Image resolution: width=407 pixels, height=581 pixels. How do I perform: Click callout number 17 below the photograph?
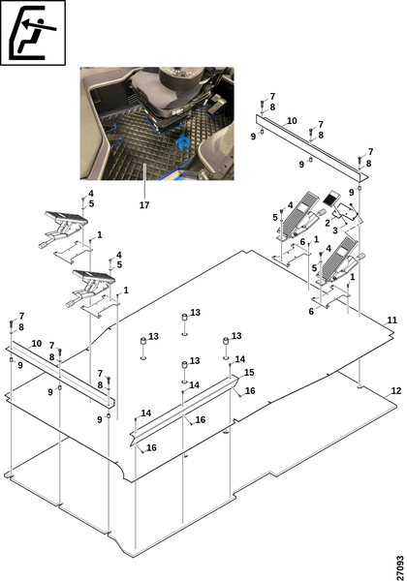[x=144, y=204]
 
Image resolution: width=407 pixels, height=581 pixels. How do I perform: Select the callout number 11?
[x=391, y=320]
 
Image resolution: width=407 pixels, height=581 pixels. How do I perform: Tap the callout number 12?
[x=396, y=390]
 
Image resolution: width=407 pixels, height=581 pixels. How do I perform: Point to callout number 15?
[x=249, y=373]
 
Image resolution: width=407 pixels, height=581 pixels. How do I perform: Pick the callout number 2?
[x=328, y=224]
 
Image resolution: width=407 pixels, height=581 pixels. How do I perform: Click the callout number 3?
[x=335, y=230]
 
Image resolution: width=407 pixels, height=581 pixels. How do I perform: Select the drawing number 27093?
[x=400, y=567]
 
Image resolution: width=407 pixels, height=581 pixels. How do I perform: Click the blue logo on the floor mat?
[x=183, y=142]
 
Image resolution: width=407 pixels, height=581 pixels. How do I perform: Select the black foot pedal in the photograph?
[x=216, y=105]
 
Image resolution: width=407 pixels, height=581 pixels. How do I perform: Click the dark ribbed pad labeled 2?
[x=331, y=198]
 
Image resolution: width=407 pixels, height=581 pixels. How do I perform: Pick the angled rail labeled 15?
[x=184, y=407]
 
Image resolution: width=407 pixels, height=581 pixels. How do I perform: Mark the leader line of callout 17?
[x=144, y=182]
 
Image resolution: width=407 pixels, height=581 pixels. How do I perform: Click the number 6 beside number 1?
[x=303, y=242]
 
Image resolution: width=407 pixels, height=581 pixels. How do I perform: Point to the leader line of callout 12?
[x=387, y=395]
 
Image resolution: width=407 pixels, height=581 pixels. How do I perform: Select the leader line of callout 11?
[x=386, y=322]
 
